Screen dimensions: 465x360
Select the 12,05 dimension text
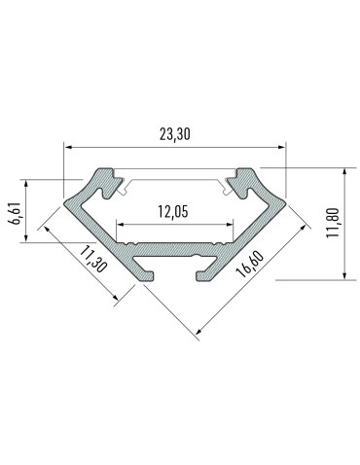tap(176, 211)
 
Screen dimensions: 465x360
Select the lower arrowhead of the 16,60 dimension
tap(198, 332)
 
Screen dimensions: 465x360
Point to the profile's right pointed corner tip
tap(283, 205)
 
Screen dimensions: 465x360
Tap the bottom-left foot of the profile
tap(148, 274)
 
